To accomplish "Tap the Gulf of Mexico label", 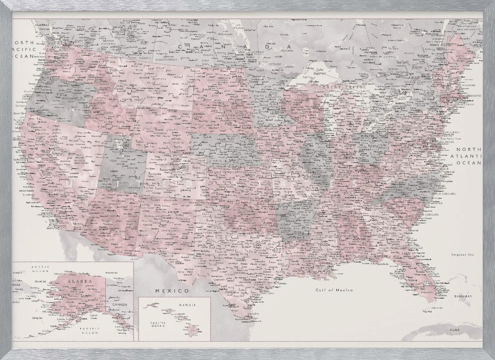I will coord(335,290).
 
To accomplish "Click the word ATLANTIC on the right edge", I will coord(468,155).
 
